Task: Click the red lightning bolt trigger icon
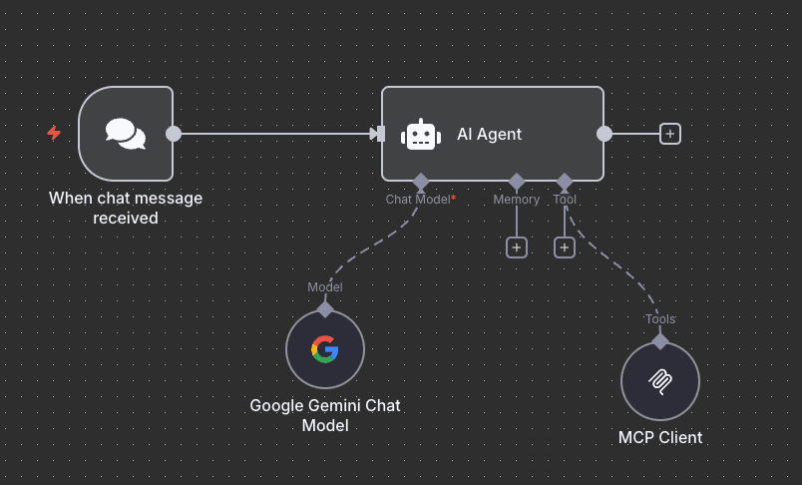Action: (x=54, y=133)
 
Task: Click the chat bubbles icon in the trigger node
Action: (x=126, y=133)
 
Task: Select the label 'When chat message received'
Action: (x=126, y=208)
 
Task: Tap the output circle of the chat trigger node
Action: (x=174, y=134)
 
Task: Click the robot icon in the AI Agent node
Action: (x=421, y=135)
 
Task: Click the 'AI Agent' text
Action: (x=489, y=134)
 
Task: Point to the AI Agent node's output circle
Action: (x=604, y=134)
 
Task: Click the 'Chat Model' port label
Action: (x=418, y=200)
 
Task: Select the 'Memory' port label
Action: (x=517, y=200)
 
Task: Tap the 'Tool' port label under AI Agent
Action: (x=565, y=200)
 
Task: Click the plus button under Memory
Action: (x=517, y=247)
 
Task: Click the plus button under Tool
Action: (x=565, y=247)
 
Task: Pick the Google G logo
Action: (x=325, y=349)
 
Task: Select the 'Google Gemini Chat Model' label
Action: (x=325, y=416)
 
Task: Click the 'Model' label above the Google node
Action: (x=325, y=287)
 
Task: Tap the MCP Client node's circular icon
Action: (x=660, y=381)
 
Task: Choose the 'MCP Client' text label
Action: (x=660, y=437)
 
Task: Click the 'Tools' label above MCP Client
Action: (x=660, y=319)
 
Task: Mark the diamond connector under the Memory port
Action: (x=517, y=182)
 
